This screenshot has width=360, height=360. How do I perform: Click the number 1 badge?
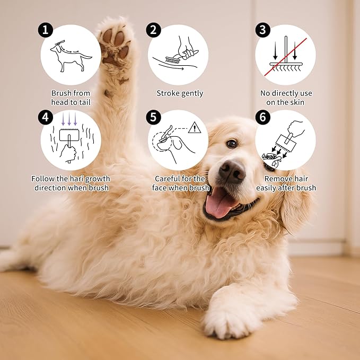[x=46, y=30]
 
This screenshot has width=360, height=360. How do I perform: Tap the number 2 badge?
[x=153, y=30]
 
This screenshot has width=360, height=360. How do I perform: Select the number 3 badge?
[x=262, y=30]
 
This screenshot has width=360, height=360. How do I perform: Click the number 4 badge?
[x=46, y=117]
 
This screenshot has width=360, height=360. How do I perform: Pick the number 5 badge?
[x=154, y=117]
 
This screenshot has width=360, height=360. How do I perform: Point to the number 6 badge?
[x=262, y=117]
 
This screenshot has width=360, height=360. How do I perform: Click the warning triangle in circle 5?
[x=195, y=127]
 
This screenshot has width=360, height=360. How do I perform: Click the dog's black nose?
[x=232, y=171]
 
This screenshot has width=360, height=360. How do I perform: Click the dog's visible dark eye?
[x=231, y=144]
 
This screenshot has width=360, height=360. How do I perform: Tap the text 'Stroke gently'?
[x=180, y=94]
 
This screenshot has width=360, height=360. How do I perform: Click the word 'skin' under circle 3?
[x=296, y=102]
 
